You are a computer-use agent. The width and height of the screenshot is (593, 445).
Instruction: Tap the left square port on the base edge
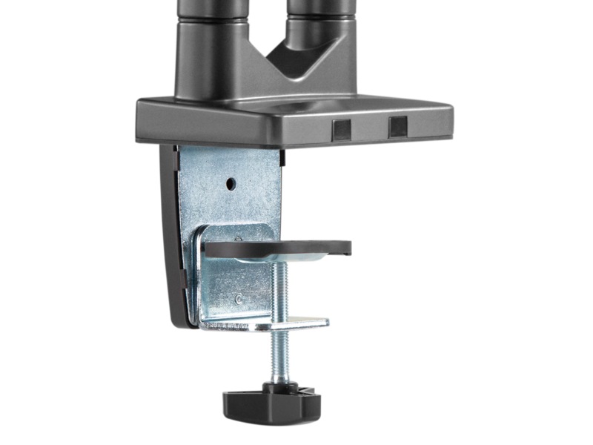(342, 129)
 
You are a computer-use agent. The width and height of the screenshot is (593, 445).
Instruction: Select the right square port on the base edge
(397, 127)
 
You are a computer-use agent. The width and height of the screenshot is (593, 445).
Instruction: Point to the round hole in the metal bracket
(231, 182)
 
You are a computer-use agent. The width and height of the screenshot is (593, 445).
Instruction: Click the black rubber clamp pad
(278, 248)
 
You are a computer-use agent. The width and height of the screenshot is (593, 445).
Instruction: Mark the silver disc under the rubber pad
(296, 257)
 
